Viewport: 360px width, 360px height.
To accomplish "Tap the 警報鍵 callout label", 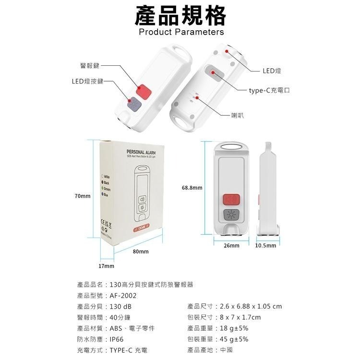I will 90,65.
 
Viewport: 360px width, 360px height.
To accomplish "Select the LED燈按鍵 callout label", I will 88,82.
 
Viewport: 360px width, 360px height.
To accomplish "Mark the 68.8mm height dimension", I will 192,188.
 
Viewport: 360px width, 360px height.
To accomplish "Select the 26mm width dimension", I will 231,245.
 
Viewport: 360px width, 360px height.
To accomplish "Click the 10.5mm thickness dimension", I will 265,245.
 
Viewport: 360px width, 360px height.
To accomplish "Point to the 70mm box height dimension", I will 83,196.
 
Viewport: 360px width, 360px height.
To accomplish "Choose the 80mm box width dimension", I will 141,252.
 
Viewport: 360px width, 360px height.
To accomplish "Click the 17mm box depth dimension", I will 106,265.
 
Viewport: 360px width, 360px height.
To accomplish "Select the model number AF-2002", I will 123,296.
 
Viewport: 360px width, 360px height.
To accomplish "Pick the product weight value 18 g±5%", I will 233,328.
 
